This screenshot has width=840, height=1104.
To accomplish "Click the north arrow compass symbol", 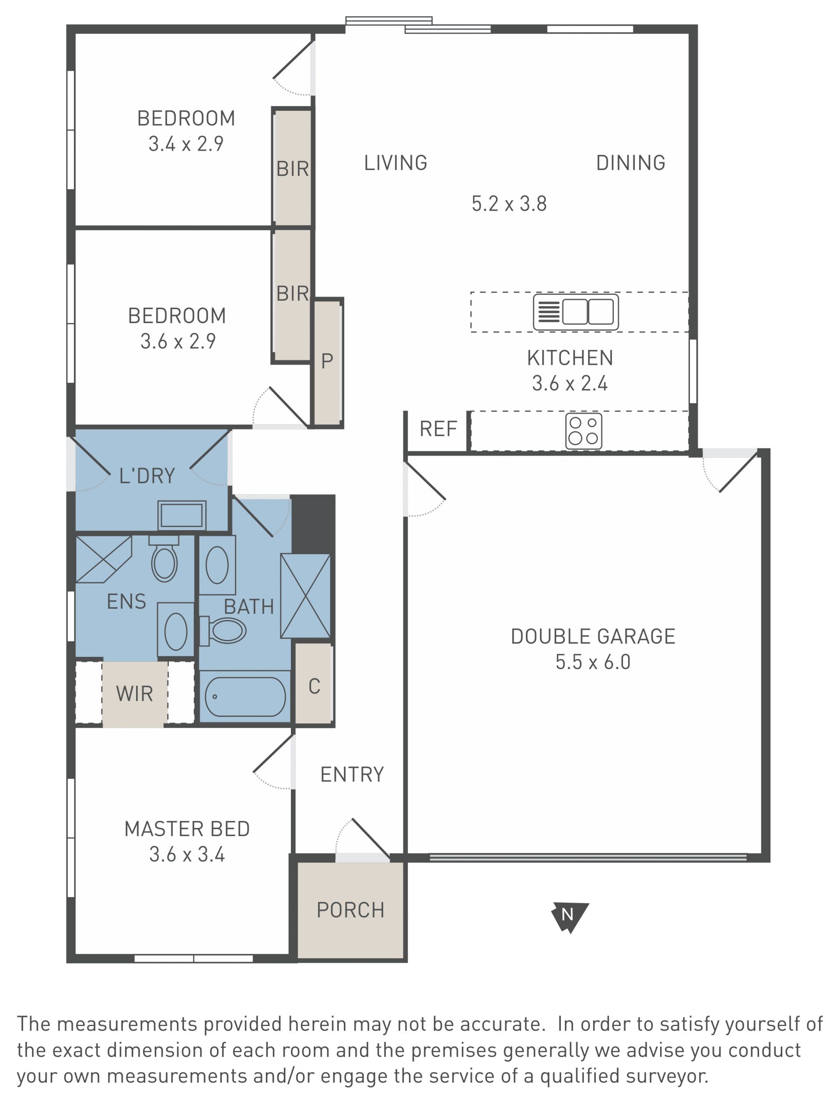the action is coord(570,917).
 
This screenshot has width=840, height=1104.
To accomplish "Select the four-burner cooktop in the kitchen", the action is coord(584,431).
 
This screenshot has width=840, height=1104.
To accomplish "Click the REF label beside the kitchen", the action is coord(438,429).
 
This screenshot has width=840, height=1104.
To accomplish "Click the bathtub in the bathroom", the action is coord(245,697).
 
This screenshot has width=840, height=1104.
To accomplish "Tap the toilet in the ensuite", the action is coord(164,558).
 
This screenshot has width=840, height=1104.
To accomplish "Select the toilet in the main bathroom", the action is coord(223,631).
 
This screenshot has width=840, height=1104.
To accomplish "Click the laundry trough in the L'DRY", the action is coord(182,515).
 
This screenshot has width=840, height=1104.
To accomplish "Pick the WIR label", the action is coord(134,694).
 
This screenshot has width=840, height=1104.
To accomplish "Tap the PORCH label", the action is coord(350,910).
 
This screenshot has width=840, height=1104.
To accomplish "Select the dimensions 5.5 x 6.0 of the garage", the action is coord(593,662).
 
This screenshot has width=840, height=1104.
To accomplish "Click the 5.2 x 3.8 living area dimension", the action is coord(509,204).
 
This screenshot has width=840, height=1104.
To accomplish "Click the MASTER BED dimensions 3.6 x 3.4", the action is coord(187,854).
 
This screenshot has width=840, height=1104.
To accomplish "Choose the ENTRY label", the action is coord(352,774).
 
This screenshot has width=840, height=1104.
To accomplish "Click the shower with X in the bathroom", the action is coord(305,596).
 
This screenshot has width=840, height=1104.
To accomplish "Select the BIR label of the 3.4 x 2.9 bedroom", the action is coord(293,169).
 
